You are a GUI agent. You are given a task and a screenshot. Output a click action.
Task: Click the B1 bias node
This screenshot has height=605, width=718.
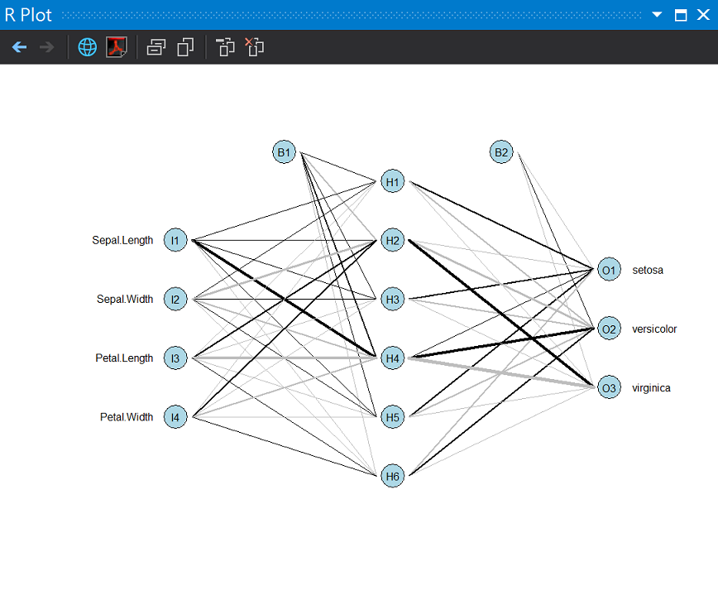click(x=285, y=152)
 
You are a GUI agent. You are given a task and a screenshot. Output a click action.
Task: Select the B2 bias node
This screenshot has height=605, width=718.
click(x=501, y=152)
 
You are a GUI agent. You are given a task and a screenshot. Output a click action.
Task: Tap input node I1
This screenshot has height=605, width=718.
click(x=175, y=240)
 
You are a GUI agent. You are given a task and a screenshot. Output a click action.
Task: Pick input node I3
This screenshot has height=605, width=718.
click(x=175, y=358)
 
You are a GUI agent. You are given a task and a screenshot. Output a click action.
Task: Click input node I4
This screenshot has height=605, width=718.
click(x=175, y=417)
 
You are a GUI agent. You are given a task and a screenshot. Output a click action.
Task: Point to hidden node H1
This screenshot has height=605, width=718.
click(x=393, y=181)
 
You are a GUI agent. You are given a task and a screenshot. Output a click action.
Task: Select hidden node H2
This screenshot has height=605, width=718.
click(x=393, y=241)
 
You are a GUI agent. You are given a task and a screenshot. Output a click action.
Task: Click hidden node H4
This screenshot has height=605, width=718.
click(x=393, y=358)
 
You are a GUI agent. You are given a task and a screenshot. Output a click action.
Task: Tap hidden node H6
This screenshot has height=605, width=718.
click(x=393, y=476)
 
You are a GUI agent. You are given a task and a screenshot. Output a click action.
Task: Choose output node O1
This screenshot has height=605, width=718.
click(x=609, y=270)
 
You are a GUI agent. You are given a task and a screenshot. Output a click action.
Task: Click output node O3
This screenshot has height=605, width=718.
click(x=609, y=388)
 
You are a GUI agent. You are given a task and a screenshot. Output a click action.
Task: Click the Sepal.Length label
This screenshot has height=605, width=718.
click(x=122, y=240)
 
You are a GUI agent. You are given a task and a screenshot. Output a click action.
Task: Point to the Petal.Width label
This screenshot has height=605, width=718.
click(x=127, y=417)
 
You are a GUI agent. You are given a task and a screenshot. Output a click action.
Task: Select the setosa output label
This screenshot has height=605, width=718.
click(x=648, y=270)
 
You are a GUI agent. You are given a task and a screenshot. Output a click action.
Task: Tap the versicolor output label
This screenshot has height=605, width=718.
click(x=654, y=329)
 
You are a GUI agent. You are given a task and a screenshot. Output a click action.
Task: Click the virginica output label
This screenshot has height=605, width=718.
click(x=651, y=388)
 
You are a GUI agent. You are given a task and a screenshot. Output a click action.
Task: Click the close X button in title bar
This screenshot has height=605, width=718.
click(x=702, y=15)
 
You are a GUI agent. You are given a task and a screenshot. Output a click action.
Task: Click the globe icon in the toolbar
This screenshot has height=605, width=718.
click(x=87, y=47)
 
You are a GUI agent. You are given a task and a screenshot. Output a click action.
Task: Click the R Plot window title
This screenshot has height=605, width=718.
click(x=29, y=15)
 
